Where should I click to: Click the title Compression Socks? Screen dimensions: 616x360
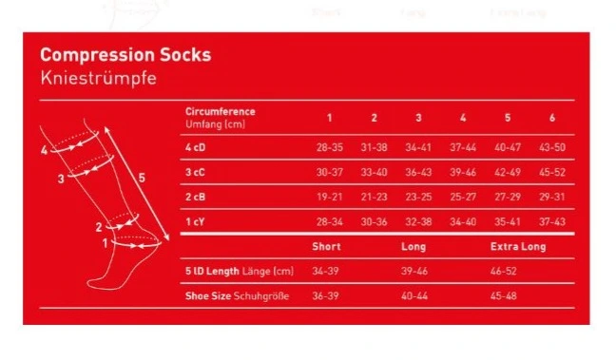click(125, 55)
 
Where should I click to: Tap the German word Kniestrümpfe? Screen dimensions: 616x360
click(99, 78)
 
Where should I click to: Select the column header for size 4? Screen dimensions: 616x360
click(463, 118)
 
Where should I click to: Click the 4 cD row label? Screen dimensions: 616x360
click(195, 147)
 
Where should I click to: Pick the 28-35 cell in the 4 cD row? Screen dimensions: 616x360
click(330, 147)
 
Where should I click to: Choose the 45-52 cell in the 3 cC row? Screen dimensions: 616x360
click(552, 172)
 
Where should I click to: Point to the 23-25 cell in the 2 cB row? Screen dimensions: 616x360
click(418, 197)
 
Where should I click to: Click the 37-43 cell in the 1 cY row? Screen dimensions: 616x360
click(552, 222)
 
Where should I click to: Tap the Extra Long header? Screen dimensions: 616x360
click(518, 247)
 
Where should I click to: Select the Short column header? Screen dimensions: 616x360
click(326, 247)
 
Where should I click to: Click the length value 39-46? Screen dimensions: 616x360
click(414, 271)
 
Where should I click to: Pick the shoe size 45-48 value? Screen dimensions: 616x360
click(504, 295)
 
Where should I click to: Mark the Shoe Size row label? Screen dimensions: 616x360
click(238, 296)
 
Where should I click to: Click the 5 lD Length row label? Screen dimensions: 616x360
click(240, 272)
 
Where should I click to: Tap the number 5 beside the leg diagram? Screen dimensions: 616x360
click(142, 178)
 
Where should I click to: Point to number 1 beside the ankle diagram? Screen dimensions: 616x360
click(105, 243)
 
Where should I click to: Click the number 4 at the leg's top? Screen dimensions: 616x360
click(44, 150)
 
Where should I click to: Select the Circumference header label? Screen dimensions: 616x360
click(221, 111)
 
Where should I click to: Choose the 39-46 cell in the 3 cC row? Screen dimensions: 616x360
click(463, 172)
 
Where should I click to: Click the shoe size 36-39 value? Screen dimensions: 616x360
click(325, 295)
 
